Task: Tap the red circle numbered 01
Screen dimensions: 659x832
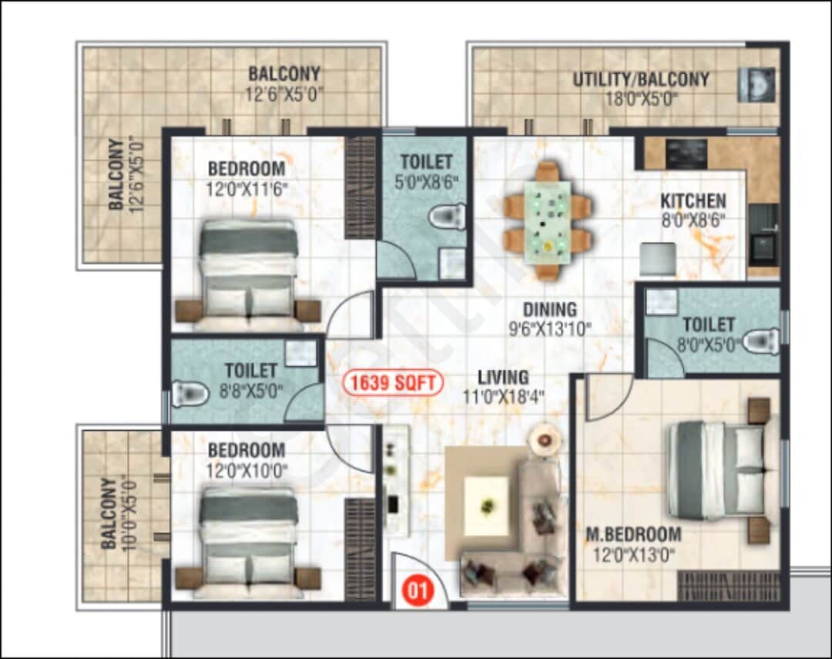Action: pos(416,592)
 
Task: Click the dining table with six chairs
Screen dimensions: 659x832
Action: pos(548,220)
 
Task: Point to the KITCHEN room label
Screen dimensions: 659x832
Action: pos(693,202)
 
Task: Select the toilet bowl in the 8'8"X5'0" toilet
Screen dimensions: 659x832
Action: pos(190,395)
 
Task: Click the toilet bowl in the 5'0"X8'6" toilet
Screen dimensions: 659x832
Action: pos(449,216)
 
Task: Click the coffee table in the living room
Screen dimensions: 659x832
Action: pos(486,506)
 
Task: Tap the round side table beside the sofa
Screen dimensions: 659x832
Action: pos(545,440)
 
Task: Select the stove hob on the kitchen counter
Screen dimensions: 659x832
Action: pos(686,154)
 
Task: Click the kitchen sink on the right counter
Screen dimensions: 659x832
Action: pos(763,247)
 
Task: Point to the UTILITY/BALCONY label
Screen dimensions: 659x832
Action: pos(640,79)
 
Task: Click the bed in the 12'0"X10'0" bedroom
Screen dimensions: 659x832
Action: pos(248,540)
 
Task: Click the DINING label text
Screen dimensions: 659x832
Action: pos(550,310)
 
